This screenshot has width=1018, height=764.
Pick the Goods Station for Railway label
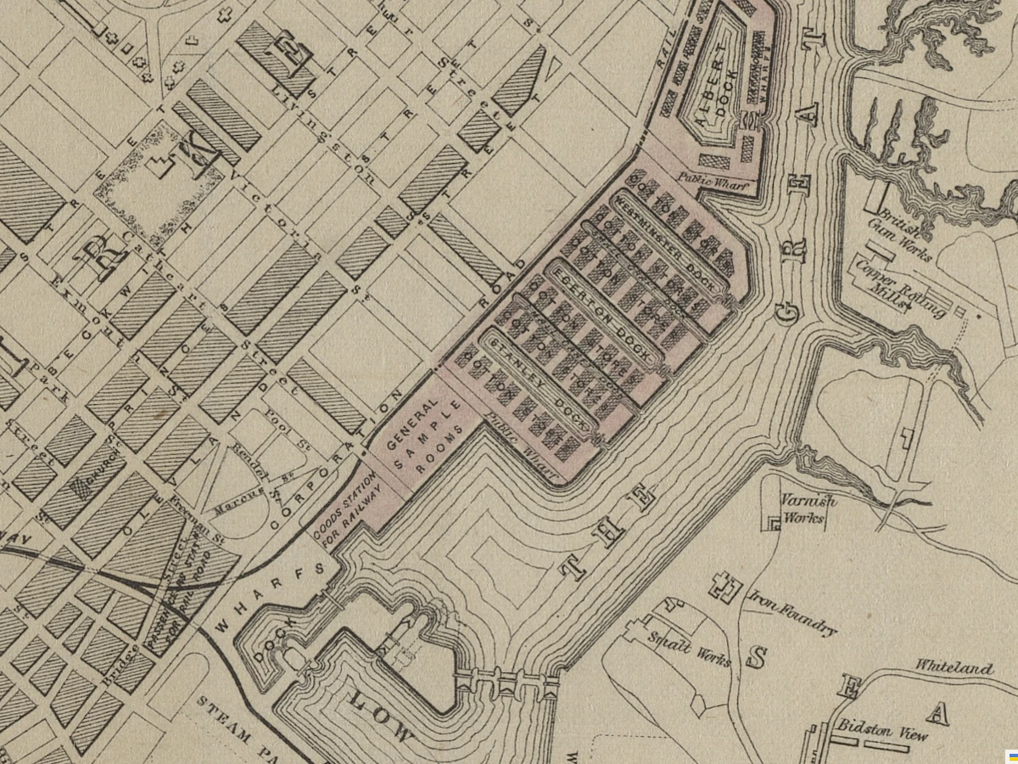(x=346, y=511)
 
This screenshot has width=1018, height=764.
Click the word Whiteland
(x=954, y=668)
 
